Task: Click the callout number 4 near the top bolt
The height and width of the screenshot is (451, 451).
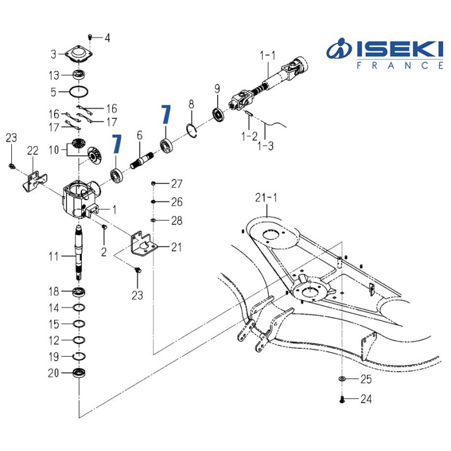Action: [x=107, y=38]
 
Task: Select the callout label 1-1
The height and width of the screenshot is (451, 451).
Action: [x=267, y=55]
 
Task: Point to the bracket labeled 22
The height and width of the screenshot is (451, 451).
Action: [x=31, y=179]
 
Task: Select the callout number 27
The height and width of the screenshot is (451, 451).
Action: [x=177, y=184]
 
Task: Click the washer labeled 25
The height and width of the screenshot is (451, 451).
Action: [x=342, y=378]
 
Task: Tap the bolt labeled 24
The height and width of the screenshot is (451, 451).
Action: [x=342, y=400]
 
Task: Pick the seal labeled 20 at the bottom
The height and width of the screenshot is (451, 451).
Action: [x=79, y=373]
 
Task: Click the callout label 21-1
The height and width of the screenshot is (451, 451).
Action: [x=265, y=198]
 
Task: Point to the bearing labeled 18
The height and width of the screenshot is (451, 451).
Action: [x=79, y=292]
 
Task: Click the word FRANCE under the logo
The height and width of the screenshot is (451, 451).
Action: [x=401, y=65]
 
